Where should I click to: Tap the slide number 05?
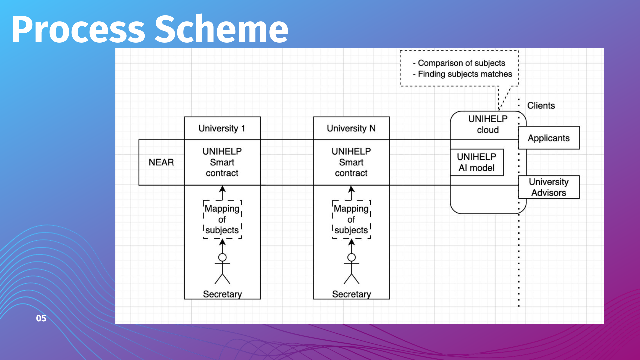coord(41,318)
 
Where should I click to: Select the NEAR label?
coord(161,162)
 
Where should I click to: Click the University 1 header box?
coord(222,128)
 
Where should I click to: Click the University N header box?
coord(351,128)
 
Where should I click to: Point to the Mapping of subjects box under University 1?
coord(222,219)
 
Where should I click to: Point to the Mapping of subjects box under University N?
coord(351,219)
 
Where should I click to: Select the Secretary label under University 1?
coord(222,294)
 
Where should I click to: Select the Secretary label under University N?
coord(351,294)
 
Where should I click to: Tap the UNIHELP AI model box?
coord(477,162)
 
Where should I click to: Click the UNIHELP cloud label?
coord(488,124)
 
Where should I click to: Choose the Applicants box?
coord(549,138)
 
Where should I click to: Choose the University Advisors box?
coord(549,187)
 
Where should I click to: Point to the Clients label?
coord(541,106)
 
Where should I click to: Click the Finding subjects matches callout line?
coord(465,74)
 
